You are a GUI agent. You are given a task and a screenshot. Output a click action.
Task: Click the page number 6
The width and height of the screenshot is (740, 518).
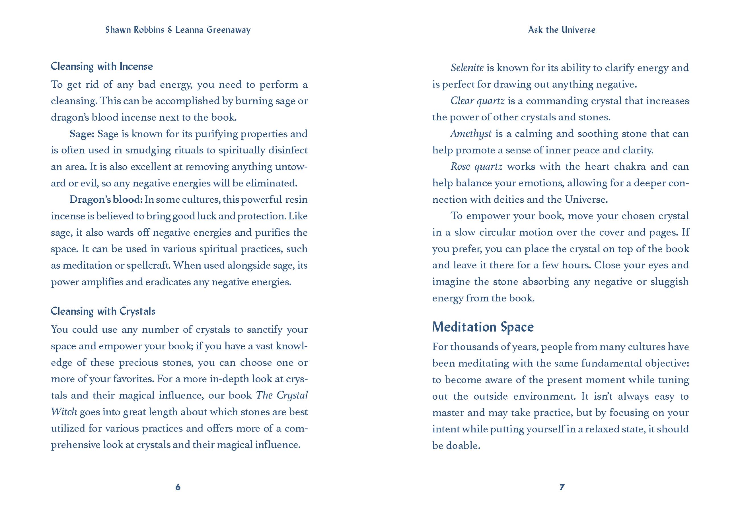click(178, 487)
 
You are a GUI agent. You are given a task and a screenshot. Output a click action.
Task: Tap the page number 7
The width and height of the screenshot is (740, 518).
click(562, 487)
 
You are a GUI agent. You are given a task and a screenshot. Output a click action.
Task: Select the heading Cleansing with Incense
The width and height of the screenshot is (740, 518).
click(102, 66)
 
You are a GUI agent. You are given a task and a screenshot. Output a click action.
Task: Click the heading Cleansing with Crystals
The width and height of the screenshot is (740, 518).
click(103, 311)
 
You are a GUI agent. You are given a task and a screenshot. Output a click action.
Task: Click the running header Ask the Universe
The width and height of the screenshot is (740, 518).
click(562, 30)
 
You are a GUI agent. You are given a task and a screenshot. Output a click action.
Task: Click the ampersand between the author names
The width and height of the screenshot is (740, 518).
click(170, 30)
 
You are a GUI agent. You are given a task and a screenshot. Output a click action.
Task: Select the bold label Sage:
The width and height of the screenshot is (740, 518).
click(81, 134)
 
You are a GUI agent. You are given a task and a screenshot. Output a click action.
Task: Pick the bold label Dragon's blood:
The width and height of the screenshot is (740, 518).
click(106, 200)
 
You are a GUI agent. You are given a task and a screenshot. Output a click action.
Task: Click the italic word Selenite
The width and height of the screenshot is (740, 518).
click(467, 68)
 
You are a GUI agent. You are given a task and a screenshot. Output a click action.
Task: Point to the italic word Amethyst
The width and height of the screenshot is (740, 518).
click(471, 134)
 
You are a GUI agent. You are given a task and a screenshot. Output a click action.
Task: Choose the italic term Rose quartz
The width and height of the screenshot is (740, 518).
click(476, 167)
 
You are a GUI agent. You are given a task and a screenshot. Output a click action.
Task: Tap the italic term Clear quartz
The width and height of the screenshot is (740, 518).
click(477, 101)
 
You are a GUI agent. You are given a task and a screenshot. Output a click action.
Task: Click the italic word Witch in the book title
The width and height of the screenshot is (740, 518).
click(64, 412)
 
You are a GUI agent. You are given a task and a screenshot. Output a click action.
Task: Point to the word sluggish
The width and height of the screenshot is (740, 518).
click(669, 282)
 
